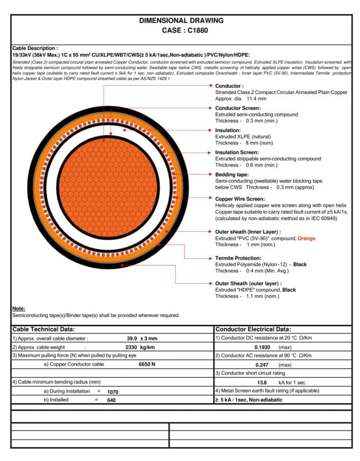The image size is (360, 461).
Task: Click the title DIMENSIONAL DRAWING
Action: tap(181, 21)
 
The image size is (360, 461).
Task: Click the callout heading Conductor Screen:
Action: tap(237, 108)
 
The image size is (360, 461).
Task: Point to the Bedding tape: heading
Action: tap(231, 175)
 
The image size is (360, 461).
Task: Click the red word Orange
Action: tap(306, 238)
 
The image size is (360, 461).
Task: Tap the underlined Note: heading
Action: tap(19, 309)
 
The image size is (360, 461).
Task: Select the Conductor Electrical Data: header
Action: tap(253, 329)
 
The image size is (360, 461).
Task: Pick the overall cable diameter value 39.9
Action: tap(132, 338)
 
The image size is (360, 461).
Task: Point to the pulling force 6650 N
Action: tap(147, 364)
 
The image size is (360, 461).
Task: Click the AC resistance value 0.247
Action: tap(263, 365)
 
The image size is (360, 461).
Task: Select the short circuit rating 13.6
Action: tap(262, 382)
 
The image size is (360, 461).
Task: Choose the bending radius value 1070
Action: tap(113, 392)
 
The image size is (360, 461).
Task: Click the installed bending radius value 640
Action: tap(111, 400)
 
